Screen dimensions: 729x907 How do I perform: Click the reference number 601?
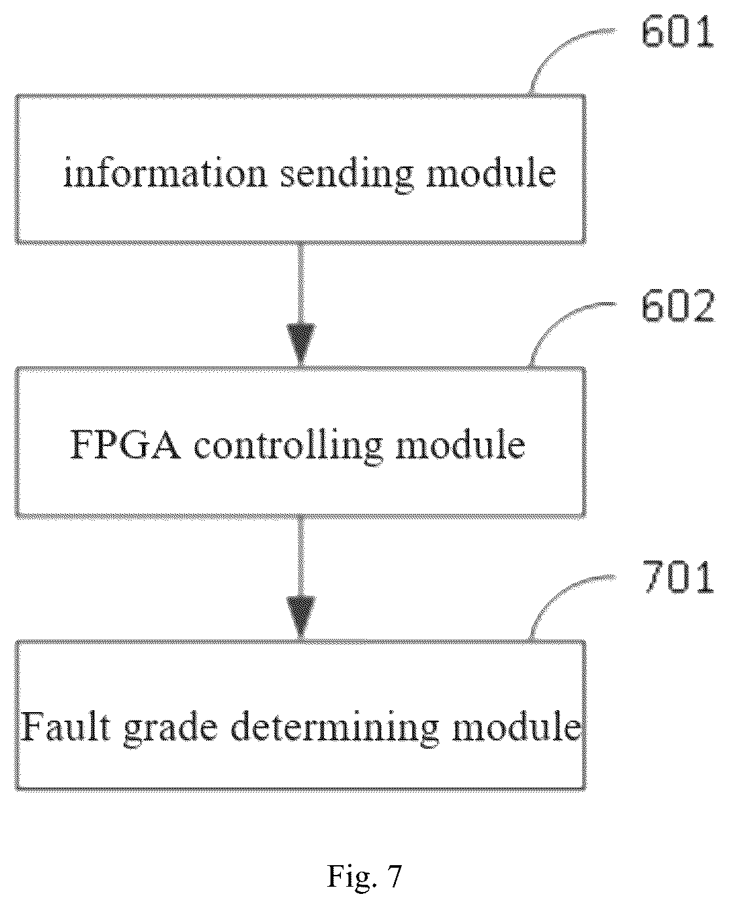677,33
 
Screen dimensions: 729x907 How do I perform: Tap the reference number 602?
677,307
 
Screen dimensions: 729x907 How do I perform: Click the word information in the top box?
166,172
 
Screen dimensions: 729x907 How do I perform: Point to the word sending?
347,175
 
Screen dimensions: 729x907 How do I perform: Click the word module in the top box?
491,172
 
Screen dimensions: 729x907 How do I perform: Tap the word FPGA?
125,445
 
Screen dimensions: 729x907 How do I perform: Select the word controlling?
289,447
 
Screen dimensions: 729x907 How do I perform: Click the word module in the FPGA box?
460,444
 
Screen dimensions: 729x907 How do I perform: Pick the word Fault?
66,727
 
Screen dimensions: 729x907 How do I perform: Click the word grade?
171,730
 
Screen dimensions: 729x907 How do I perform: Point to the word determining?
335,730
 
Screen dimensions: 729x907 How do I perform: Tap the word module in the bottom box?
516,727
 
